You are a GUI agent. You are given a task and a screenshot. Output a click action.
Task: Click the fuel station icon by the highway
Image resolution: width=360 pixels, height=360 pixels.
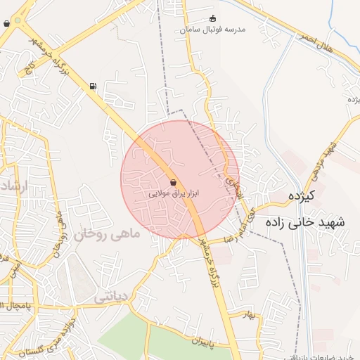(93, 86)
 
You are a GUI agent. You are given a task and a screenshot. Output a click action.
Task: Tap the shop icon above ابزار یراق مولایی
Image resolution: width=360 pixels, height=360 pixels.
(173, 182)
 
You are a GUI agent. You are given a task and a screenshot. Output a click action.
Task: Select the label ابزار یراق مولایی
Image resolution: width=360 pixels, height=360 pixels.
(174, 192)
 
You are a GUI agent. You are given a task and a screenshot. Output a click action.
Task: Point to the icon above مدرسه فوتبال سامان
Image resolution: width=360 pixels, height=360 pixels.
(214, 19)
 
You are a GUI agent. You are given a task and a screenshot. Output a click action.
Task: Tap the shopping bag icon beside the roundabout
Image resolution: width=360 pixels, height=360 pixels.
(7, 23)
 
